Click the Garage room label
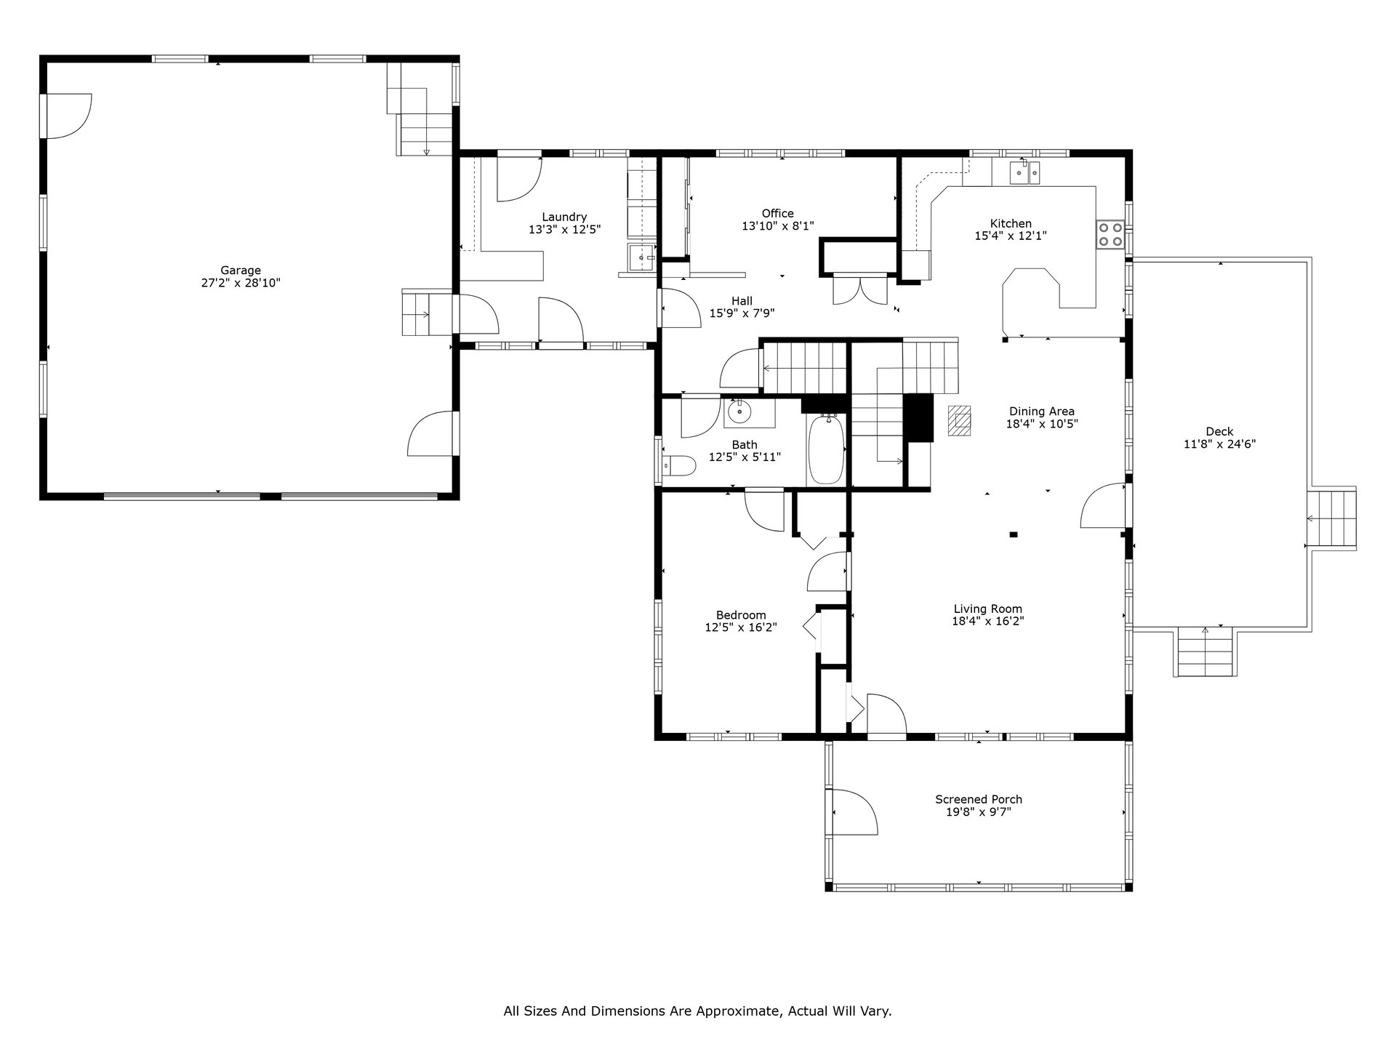[x=241, y=270]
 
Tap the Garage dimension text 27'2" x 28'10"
[x=241, y=283]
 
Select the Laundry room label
[x=564, y=217]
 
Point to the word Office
[x=777, y=214]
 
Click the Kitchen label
[x=1011, y=224]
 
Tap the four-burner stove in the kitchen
[x=1110, y=234]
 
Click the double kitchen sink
[x=1024, y=173]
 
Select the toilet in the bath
[x=675, y=465]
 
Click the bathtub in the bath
[x=825, y=449]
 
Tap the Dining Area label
[x=1041, y=412]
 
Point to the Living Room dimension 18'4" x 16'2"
[x=987, y=622]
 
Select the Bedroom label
[x=741, y=615]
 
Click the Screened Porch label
[x=979, y=800]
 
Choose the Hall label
[x=742, y=301]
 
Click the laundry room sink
[x=642, y=257]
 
